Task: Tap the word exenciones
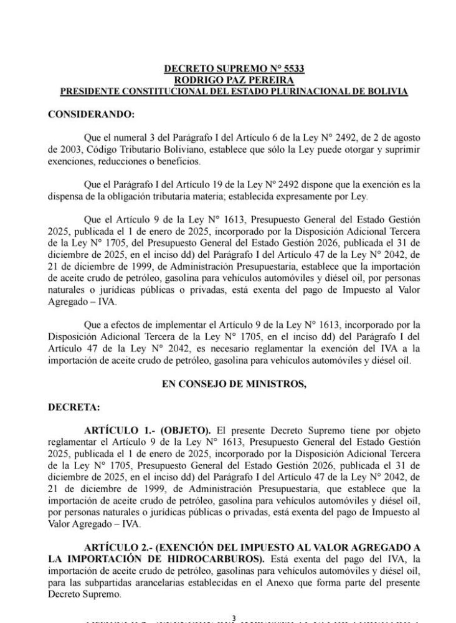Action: click(x=71, y=161)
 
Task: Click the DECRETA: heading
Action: click(x=68, y=407)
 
